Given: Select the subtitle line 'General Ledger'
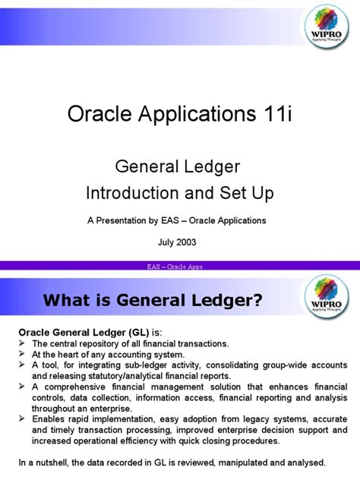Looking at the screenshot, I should tap(179, 167).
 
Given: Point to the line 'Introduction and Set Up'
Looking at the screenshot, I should tap(179, 193).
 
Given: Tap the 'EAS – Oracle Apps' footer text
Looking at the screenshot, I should tap(179, 267).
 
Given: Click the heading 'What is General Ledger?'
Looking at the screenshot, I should tap(153, 302).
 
